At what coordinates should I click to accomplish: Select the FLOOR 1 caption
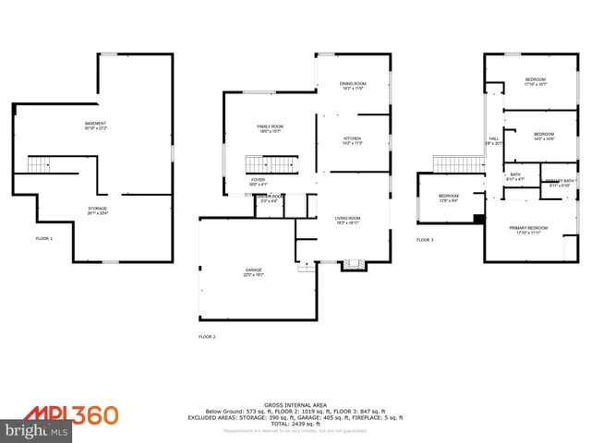[44, 239]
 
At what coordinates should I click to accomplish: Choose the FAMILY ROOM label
[270, 128]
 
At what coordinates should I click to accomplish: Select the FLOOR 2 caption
[207, 337]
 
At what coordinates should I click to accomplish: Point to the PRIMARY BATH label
[560, 182]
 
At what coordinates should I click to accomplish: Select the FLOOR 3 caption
[425, 239]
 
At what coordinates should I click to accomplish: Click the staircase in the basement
[39, 164]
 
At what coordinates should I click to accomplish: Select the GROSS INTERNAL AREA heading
[295, 404]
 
